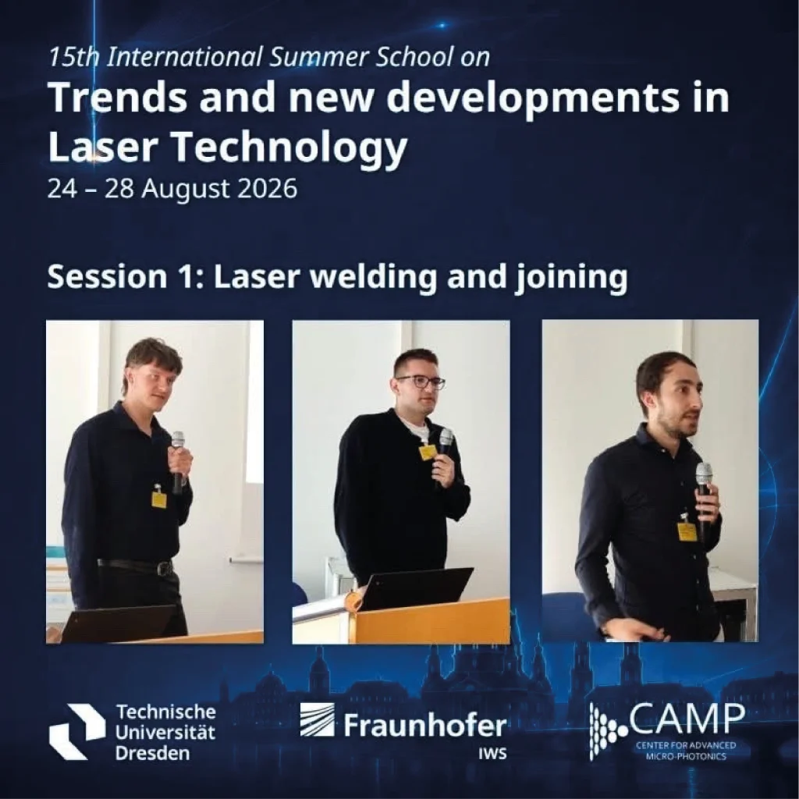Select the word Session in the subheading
pos(107,277)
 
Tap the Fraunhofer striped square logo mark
pos(317,719)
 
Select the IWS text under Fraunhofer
pos(492,754)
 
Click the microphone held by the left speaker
pos(177,462)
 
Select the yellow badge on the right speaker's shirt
pos(686,531)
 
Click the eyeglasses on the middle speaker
pos(421,382)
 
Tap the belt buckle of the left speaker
pos(164,568)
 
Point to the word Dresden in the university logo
pos(152,753)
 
